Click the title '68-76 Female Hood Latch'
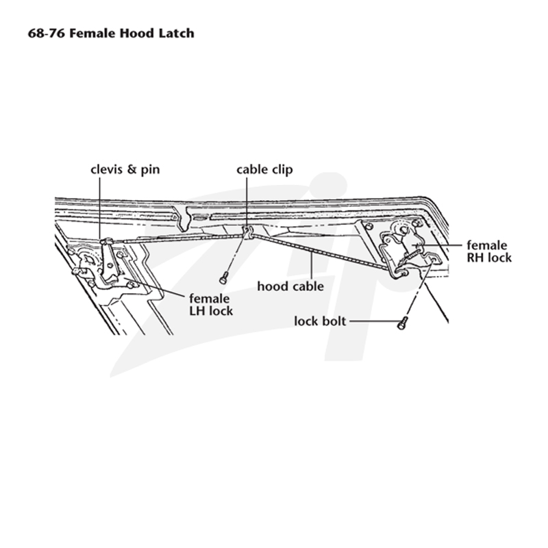[x=111, y=33]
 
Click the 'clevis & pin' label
[x=125, y=169]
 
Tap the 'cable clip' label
[x=264, y=169]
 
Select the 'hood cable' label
[x=290, y=286]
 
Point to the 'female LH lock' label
[x=211, y=305]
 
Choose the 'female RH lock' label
[x=489, y=251]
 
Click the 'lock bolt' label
[x=320, y=321]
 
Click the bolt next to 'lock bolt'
[x=402, y=323]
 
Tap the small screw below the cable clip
[x=224, y=278]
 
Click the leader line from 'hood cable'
[x=311, y=267]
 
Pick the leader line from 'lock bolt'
[x=374, y=321]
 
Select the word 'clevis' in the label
[x=106, y=169]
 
